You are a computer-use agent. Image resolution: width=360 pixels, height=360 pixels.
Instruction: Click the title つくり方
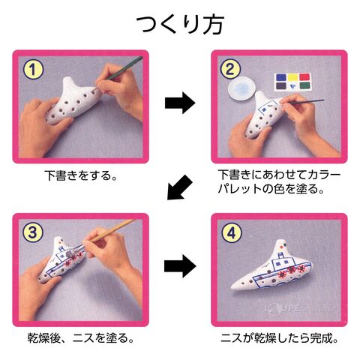180,25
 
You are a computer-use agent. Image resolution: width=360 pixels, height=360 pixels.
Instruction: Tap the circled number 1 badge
33,70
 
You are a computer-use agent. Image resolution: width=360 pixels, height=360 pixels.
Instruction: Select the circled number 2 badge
230,69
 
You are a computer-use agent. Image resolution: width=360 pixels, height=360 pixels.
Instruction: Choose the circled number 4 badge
232,233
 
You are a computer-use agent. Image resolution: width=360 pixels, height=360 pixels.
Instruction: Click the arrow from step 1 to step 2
180,103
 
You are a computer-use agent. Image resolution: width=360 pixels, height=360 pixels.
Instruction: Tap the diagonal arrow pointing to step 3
179,188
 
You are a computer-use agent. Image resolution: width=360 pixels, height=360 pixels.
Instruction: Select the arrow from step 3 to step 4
180,266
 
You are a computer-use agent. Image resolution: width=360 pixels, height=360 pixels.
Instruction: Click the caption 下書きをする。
81,175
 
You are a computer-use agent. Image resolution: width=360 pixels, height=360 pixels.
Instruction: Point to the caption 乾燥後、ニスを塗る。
80,338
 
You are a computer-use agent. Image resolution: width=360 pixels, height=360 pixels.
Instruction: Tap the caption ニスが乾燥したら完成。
279,338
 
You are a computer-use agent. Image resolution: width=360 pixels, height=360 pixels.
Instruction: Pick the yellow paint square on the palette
292,77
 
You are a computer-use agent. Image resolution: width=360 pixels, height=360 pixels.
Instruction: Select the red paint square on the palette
304,76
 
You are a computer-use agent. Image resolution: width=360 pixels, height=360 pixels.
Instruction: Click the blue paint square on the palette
280,77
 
